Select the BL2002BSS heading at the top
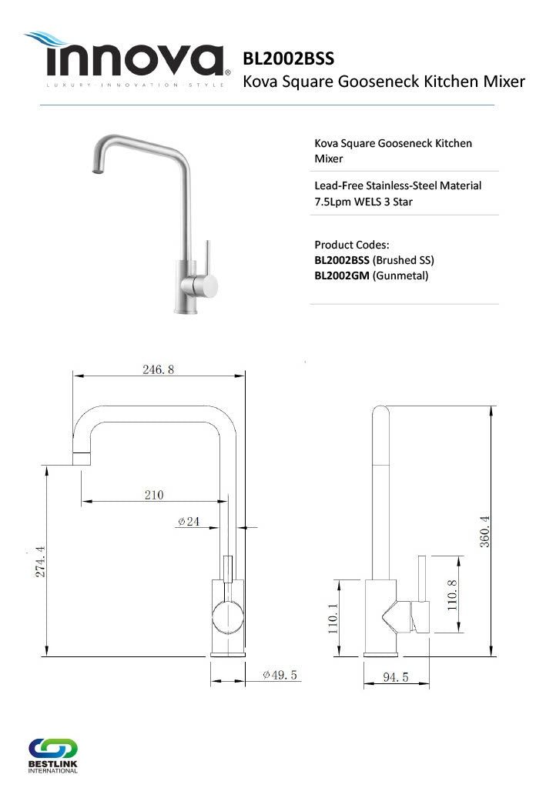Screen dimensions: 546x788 tap(288, 58)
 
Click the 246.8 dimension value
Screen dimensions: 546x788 tap(158, 369)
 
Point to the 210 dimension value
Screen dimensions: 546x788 tap(154, 495)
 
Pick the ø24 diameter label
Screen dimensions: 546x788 tap(189, 522)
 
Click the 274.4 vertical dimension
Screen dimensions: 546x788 tap(40, 561)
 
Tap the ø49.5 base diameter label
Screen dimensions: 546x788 tap(280, 675)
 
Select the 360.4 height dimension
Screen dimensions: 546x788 tap(484, 531)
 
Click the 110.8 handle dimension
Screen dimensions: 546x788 tap(452, 595)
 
